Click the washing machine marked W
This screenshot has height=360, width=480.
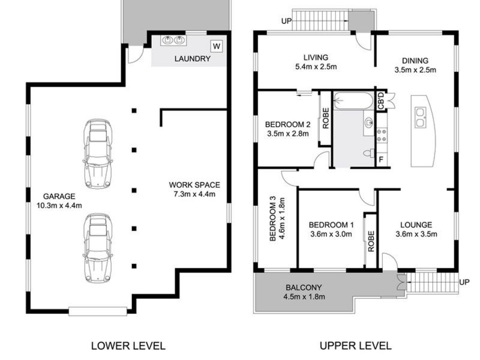click(x=217, y=46)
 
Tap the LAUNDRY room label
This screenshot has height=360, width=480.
click(x=193, y=58)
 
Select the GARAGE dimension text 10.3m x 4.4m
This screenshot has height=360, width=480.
click(x=59, y=205)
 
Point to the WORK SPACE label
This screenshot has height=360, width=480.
click(x=194, y=185)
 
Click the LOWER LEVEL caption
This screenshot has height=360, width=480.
click(x=128, y=346)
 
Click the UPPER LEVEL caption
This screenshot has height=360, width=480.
click(x=356, y=346)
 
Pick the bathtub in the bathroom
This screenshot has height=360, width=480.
click(x=353, y=101)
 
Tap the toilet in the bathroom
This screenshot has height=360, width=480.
click(x=368, y=153)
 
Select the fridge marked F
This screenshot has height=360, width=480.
click(x=381, y=160)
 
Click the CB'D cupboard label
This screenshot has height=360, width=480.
click(x=381, y=100)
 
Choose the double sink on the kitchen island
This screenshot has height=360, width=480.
click(x=420, y=117)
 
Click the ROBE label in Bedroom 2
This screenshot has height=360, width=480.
click(x=326, y=118)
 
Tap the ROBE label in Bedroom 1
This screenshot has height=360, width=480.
click(x=371, y=241)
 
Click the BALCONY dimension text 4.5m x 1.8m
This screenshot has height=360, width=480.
click(x=304, y=296)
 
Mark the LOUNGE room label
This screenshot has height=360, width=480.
click(x=416, y=225)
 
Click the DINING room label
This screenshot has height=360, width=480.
click(x=415, y=61)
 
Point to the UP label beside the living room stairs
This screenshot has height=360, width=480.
click(x=287, y=21)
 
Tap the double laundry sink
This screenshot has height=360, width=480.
click(x=173, y=40)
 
